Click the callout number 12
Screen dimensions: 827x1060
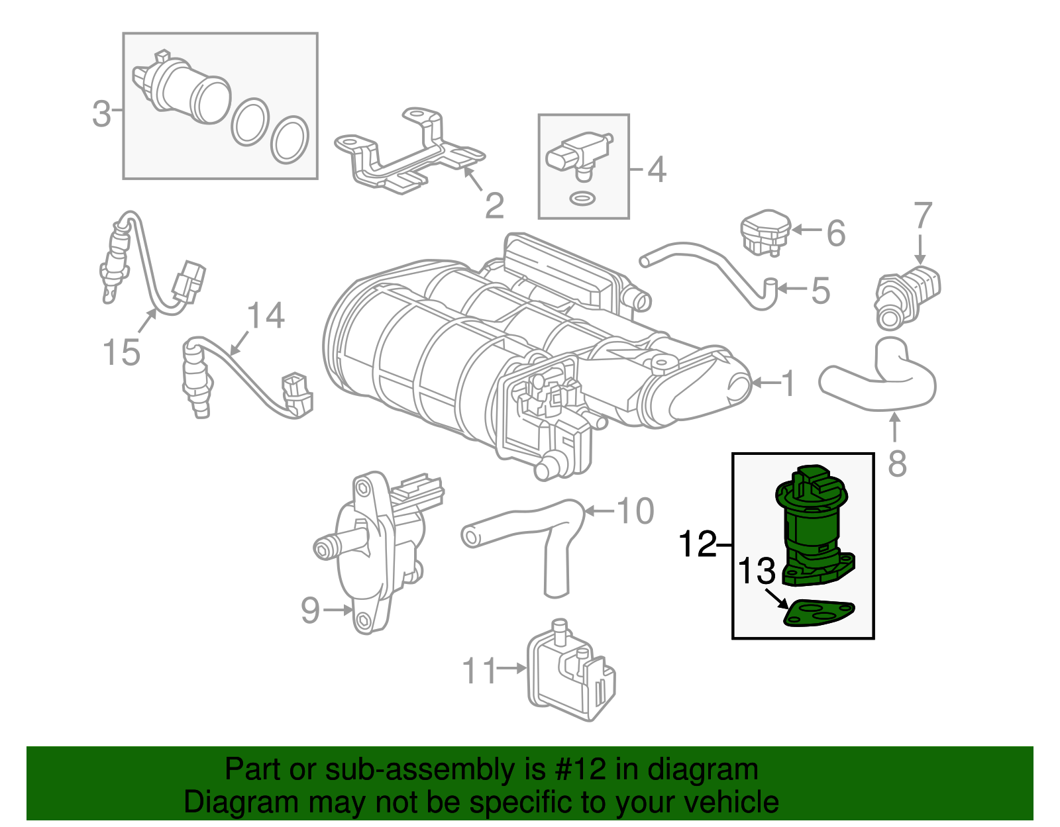[x=698, y=544]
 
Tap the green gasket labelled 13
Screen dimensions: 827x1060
[x=819, y=613]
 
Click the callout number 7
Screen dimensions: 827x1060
[x=923, y=216]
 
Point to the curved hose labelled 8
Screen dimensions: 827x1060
[x=881, y=381]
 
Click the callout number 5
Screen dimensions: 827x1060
[x=820, y=291]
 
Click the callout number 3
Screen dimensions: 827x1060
[x=101, y=114]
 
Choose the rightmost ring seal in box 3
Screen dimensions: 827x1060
[x=290, y=140]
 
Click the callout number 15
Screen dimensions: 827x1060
[x=122, y=352]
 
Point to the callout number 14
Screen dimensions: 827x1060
[x=266, y=316]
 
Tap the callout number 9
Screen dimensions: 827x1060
[x=310, y=610]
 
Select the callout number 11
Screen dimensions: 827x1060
[x=479, y=671]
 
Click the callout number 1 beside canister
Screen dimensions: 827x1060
[x=788, y=383]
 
